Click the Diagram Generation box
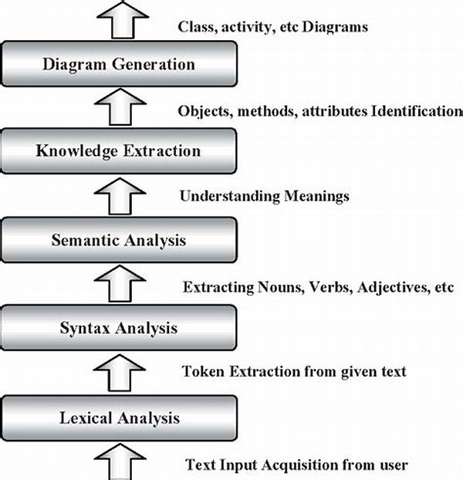(119, 64)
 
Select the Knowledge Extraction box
(119, 150)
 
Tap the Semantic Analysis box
(119, 240)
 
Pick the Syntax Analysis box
(119, 327)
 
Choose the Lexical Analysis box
(119, 417)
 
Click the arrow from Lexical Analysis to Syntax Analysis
(120, 373)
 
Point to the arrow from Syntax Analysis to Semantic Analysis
(120, 283)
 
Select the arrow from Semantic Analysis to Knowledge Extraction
(120, 196)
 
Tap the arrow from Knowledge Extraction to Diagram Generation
(120, 106)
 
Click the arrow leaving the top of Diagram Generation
(123, 19)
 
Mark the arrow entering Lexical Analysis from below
(120, 461)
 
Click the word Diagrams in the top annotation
(335, 27)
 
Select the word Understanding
(229, 196)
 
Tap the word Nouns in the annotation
(281, 287)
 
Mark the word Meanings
(316, 196)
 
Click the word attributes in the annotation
(334, 111)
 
